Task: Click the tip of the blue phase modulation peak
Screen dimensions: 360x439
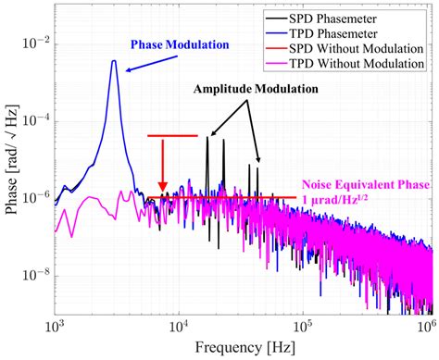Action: [113, 61]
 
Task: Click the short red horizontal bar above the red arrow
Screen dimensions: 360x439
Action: [172, 136]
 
